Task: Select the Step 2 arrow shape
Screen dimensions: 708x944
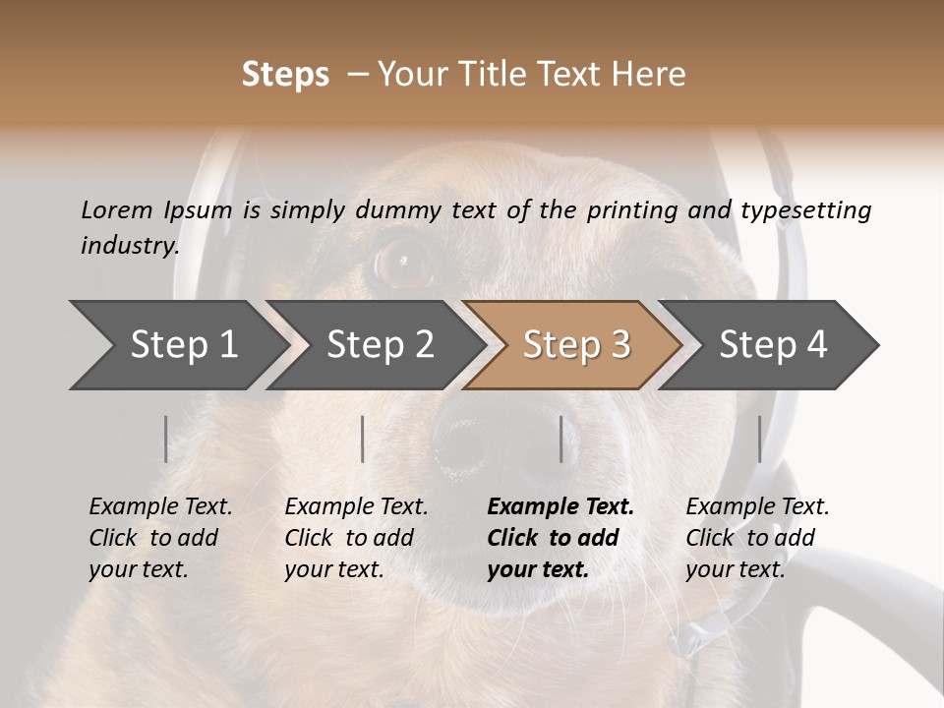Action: pyautogui.click(x=379, y=345)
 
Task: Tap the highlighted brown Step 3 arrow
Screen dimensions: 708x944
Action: pyautogui.click(x=575, y=345)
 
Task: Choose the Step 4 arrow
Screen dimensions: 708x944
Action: pyautogui.click(x=772, y=345)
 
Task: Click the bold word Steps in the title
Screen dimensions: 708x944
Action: pyautogui.click(x=285, y=75)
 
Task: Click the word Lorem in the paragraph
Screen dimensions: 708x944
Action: pyautogui.click(x=116, y=210)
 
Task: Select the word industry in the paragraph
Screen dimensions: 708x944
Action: pyautogui.click(x=129, y=246)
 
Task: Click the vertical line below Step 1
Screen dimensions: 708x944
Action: pyautogui.click(x=166, y=439)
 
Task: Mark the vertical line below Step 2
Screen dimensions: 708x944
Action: pyautogui.click(x=363, y=439)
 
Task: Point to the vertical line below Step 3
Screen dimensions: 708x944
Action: pyautogui.click(x=561, y=439)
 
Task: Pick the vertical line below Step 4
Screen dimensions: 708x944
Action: pyautogui.click(x=760, y=439)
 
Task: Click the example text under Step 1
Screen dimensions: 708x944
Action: pyautogui.click(x=160, y=538)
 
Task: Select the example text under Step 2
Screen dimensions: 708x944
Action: pyautogui.click(x=356, y=538)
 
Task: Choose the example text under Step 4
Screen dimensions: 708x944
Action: pyautogui.click(x=757, y=538)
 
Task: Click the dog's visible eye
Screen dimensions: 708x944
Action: pyautogui.click(x=403, y=260)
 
